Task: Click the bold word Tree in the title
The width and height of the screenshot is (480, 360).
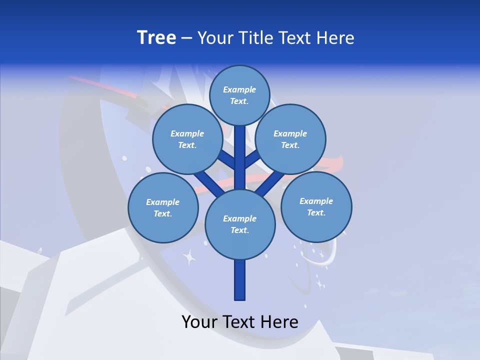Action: pos(156,38)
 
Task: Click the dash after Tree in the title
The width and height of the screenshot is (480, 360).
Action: pos(187,38)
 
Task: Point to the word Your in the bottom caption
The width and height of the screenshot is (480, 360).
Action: pos(199,322)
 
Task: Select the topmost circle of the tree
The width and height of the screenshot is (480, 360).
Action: pos(239,95)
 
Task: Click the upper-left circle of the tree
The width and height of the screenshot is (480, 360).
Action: pos(187,139)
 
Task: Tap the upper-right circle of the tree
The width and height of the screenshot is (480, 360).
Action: pos(290,139)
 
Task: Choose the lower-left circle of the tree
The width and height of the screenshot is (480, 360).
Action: pos(163,208)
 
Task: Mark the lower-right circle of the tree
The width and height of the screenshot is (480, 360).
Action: pos(316,207)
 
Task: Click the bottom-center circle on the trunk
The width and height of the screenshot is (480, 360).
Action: pos(240,224)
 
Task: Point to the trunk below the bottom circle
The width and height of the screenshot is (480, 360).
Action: pos(240,280)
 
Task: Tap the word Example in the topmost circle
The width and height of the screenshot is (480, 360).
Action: pos(239,90)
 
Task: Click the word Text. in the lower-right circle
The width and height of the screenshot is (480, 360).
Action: pos(316,213)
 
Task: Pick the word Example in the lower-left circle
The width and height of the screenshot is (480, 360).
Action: pos(163,202)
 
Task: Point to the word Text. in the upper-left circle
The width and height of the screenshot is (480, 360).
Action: pos(187,145)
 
